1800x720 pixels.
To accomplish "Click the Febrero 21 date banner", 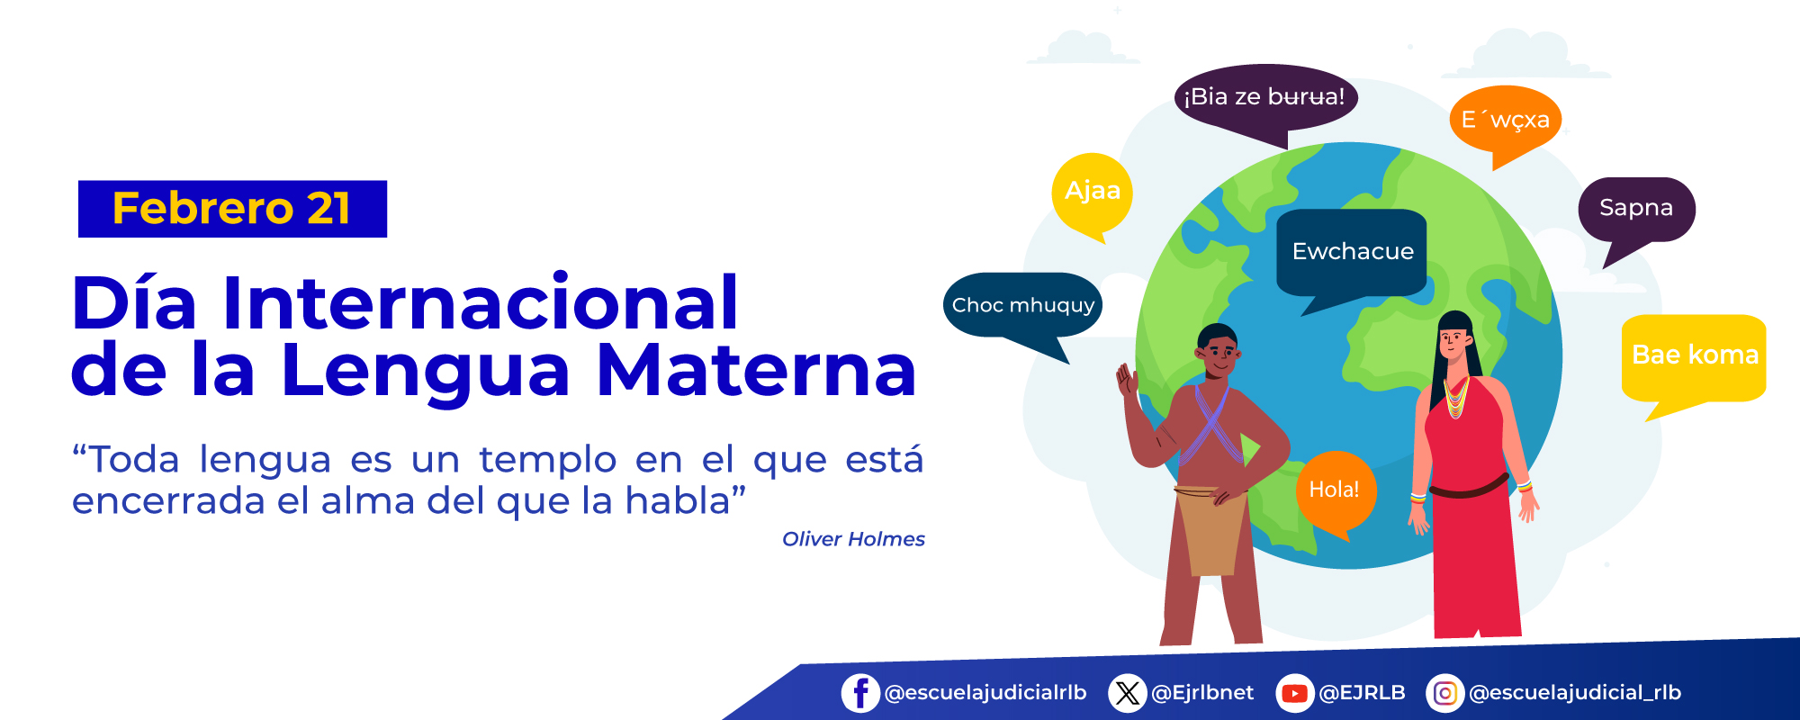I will [232, 209].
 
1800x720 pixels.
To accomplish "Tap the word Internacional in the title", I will [480, 303].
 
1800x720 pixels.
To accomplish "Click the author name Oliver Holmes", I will [853, 539].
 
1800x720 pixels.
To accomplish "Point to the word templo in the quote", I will [547, 460].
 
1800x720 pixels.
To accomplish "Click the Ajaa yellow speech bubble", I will [1092, 192].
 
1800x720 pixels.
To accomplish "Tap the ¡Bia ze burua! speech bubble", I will [1264, 97].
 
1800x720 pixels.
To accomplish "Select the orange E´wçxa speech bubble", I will [1505, 120].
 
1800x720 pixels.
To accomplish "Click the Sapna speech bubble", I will [1636, 209].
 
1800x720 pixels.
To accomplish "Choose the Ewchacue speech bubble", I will [1352, 251].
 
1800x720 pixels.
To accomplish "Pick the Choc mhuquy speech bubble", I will [1022, 305].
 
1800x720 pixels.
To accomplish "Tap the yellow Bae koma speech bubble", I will [1694, 355].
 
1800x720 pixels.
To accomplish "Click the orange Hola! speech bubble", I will [1335, 490].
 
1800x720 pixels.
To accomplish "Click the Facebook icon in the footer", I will [860, 693].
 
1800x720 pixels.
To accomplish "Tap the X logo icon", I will [1127, 693].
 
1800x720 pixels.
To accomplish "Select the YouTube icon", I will [1294, 693].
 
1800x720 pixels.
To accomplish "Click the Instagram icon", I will [1444, 693].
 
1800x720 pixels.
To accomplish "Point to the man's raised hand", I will [1126, 381].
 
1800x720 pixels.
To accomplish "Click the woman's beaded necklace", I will [1456, 399].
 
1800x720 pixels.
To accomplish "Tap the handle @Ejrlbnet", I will [1202, 693].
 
